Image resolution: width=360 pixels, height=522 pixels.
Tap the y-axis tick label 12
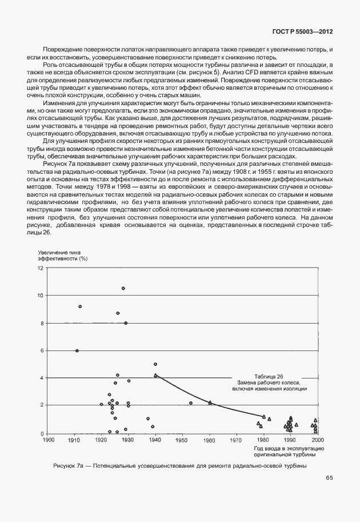[41, 268]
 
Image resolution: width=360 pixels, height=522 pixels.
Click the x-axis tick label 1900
[49, 440]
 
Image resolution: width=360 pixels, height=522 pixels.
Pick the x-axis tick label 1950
[182, 440]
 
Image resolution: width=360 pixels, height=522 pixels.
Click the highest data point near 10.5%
[123, 288]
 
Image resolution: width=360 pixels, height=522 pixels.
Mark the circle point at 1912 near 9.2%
[80, 306]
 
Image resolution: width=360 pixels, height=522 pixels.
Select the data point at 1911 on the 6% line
[77, 350]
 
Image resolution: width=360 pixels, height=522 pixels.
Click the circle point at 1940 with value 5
[155, 364]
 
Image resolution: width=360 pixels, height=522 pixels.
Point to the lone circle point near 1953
[190, 403]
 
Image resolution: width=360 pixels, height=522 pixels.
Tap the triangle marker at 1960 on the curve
[210, 403]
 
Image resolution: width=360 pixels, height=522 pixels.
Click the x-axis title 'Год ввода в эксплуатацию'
[287, 449]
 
